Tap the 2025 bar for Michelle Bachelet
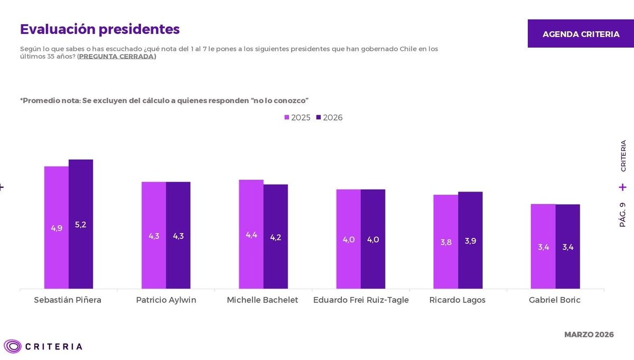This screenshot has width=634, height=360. pos(251,234)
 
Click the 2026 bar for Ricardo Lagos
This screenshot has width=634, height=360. pos(470,240)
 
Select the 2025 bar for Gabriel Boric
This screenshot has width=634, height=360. pos(543,246)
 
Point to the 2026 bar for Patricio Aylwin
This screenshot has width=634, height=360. pos(178,235)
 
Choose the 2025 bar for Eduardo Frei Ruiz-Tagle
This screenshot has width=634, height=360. pos(349,239)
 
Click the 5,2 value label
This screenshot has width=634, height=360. pos(81,225)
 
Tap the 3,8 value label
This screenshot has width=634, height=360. pos(446,243)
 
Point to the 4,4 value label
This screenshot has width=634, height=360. pos(251,235)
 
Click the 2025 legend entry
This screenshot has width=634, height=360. pos(297,117)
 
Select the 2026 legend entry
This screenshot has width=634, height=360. pos(329,117)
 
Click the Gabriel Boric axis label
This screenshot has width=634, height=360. pos(555,300)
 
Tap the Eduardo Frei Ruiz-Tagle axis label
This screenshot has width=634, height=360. pos(361,300)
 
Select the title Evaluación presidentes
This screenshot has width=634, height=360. pos(100,29)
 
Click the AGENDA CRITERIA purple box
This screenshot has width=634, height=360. pos(581,34)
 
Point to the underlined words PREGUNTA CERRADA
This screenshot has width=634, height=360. pos(117,57)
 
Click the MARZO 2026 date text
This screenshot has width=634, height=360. pos(589,335)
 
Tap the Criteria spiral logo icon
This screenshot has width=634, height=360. pos(13,346)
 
